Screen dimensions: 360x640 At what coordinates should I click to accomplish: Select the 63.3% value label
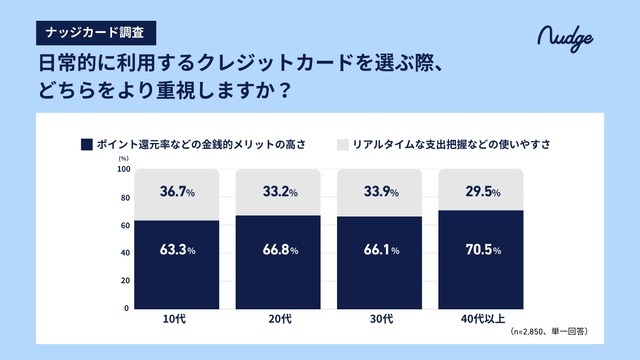tap(177, 249)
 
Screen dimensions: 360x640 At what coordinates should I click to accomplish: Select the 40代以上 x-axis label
tap(483, 320)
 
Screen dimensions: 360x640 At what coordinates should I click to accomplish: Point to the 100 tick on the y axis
tap(124, 169)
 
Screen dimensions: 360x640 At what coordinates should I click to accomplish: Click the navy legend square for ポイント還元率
tap(86, 145)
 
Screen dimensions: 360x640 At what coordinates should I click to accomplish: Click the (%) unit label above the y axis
tap(124, 158)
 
